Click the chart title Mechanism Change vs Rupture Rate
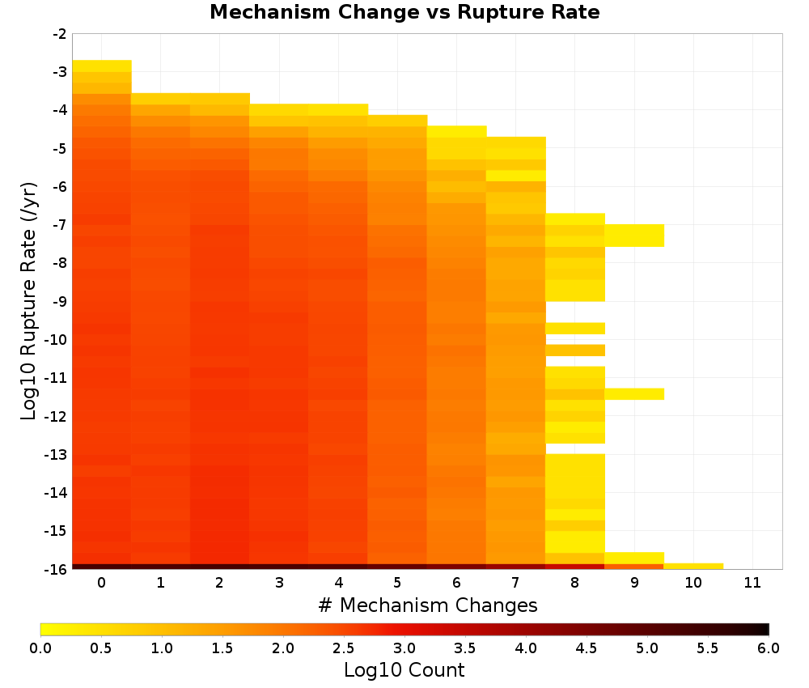(x=404, y=12)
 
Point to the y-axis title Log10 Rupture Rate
(x=28, y=301)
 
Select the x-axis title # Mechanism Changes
(x=428, y=605)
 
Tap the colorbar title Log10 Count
(x=404, y=670)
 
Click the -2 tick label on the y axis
(x=60, y=34)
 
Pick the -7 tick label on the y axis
(x=60, y=225)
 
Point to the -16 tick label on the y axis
(x=57, y=569)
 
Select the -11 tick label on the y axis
(x=57, y=378)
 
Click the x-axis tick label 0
(x=102, y=583)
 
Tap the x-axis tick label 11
(x=752, y=583)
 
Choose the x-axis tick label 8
(x=574, y=583)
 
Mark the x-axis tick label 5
(x=397, y=583)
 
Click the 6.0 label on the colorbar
(x=769, y=648)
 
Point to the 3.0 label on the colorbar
(x=404, y=648)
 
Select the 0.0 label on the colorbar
(x=40, y=648)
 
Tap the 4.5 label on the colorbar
(x=587, y=648)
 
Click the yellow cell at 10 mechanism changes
(x=693, y=567)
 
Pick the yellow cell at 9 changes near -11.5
(x=634, y=394)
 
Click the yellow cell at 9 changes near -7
(x=634, y=236)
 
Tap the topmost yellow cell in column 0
(x=102, y=66)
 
